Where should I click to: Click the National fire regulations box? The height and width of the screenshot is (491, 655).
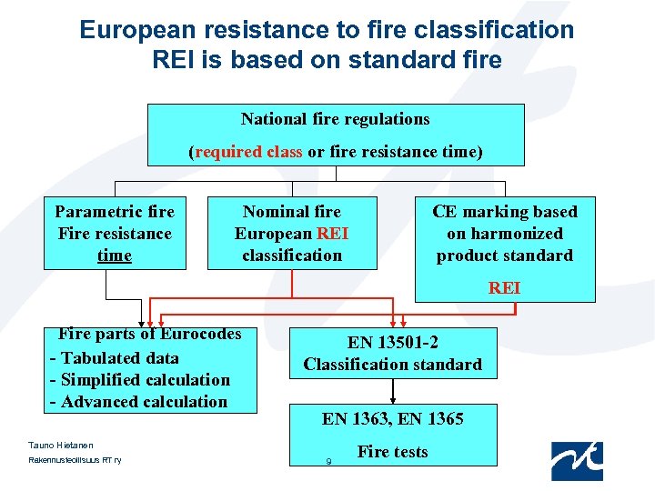(x=336, y=134)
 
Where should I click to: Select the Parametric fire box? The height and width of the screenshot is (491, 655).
(x=115, y=233)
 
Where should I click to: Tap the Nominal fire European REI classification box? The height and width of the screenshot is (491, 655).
(x=292, y=233)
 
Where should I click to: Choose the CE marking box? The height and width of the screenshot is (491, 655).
(x=505, y=233)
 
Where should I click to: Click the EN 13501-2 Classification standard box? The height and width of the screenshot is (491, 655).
(x=393, y=353)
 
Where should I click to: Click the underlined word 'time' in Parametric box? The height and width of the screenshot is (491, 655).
(x=115, y=256)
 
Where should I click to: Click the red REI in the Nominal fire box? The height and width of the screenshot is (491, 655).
(x=332, y=234)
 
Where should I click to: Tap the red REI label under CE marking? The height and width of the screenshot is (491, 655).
(x=505, y=287)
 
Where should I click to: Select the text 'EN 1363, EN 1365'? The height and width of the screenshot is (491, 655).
(x=393, y=419)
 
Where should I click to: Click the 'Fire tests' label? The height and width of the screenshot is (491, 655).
(x=393, y=452)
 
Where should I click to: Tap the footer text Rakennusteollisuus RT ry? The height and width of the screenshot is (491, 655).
(x=69, y=460)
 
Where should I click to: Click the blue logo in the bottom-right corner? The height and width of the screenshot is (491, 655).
(x=577, y=460)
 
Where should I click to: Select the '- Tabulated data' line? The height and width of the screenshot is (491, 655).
(x=115, y=358)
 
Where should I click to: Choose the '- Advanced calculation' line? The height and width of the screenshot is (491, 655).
(x=138, y=402)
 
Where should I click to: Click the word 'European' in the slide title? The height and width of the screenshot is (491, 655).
(x=136, y=30)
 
